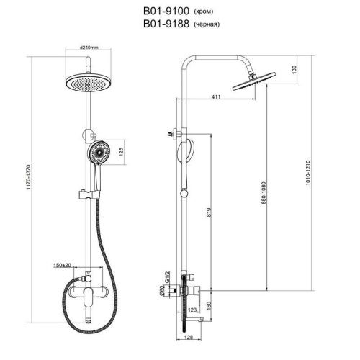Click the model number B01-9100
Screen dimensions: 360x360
[x=166, y=11]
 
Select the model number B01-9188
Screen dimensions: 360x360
[x=166, y=24]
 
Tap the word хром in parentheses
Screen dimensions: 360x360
[x=203, y=12]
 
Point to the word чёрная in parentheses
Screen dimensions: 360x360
[x=207, y=24]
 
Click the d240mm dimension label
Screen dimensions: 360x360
[x=89, y=48]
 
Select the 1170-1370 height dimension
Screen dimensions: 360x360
[x=29, y=177]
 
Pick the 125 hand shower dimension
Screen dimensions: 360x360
[x=121, y=152]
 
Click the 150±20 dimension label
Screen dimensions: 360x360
[x=62, y=265]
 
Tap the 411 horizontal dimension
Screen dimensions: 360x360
[x=216, y=96]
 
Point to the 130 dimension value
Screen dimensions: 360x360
[x=294, y=70]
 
